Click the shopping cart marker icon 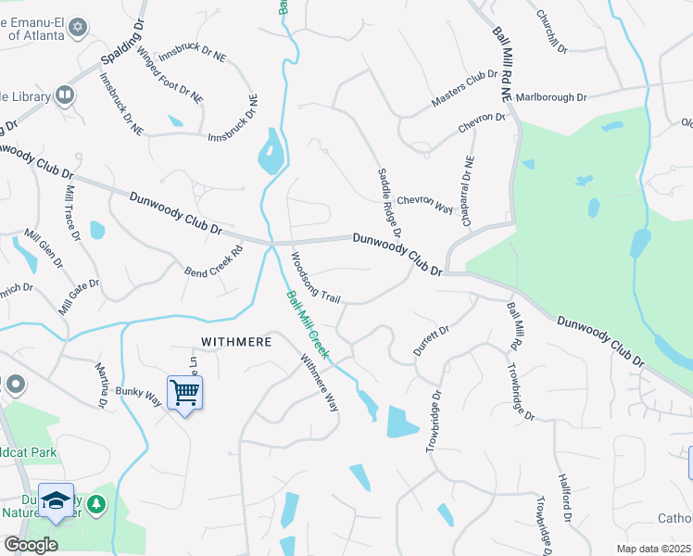click(x=185, y=393)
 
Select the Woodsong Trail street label click(x=317, y=278)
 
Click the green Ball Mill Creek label click(x=308, y=326)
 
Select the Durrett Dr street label click(x=431, y=343)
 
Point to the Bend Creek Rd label click(x=213, y=263)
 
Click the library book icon click(x=65, y=94)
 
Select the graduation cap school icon click(x=56, y=500)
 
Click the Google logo click(x=31, y=545)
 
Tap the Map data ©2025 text click(x=654, y=549)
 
